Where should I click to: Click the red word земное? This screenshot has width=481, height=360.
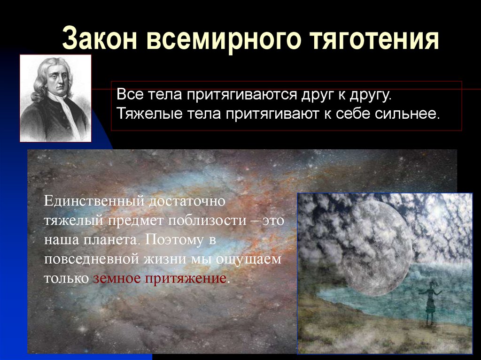[x=116, y=278]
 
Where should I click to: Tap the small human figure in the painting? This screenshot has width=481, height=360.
[x=430, y=303]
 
